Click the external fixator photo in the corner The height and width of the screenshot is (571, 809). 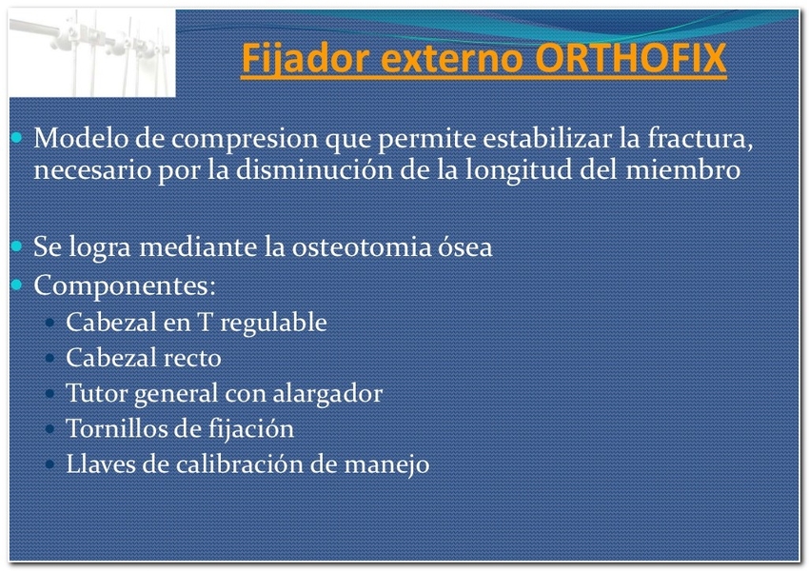pos(92,53)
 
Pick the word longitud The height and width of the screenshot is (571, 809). pos(519,170)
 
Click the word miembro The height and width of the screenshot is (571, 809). pos(683,169)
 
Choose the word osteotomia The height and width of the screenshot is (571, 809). pos(361,246)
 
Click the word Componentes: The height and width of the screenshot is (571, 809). pos(125,285)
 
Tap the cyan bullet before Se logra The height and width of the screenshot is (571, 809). pos(16,246)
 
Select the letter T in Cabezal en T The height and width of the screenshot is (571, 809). pos(205,322)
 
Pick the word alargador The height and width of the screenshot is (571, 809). pos(327,393)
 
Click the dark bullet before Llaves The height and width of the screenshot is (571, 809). pos(50,463)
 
